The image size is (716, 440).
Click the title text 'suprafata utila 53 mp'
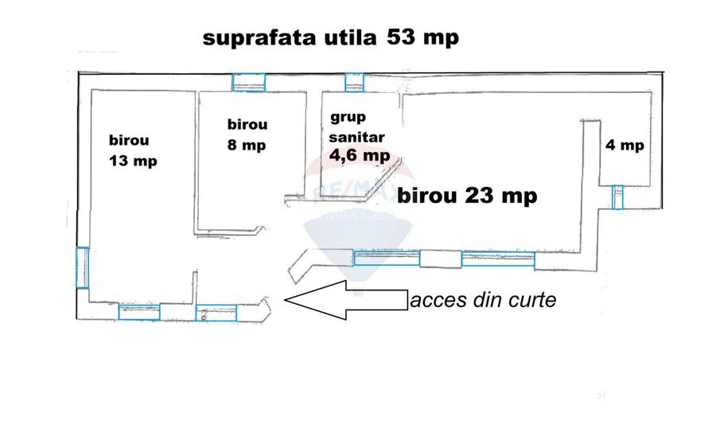point(331,37)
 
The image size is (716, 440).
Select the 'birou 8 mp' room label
point(247,134)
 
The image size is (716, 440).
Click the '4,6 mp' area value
point(359,156)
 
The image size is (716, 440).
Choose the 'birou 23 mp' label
point(466,195)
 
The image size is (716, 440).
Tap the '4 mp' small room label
point(625,145)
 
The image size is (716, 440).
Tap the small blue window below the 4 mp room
point(617,197)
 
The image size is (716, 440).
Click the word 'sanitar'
point(352,136)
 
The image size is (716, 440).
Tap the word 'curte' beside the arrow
point(532,301)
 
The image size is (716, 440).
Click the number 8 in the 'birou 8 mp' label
point(232,146)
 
